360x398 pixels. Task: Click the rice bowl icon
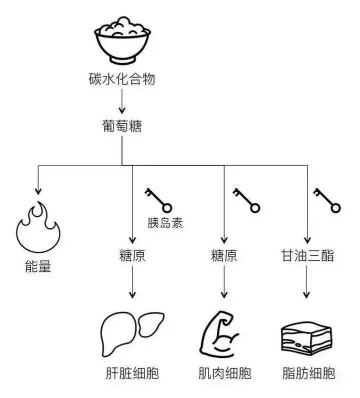tap(122, 41)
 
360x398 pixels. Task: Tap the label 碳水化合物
tap(122, 79)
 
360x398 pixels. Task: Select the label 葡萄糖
tap(122, 126)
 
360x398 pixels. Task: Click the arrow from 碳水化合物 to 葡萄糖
tap(122, 101)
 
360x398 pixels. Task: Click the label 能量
tap(38, 266)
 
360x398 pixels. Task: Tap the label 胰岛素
tap(165, 223)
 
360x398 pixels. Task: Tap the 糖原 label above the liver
tap(132, 255)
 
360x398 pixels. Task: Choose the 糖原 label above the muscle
tap(224, 255)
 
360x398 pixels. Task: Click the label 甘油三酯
tap(307, 255)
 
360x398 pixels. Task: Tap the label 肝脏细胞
tap(132, 373)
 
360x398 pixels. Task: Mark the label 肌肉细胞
tap(224, 373)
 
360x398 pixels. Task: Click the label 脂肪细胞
tap(309, 373)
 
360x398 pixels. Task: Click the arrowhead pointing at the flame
tap(38, 192)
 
